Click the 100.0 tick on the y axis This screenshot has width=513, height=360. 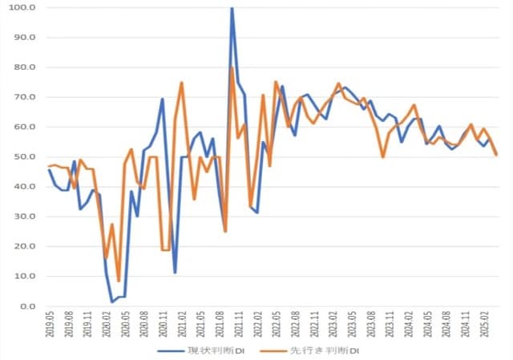(x=22, y=7)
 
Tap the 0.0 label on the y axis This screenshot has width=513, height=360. (x=27, y=306)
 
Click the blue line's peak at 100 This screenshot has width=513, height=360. (x=232, y=8)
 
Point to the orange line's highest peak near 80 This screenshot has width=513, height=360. (x=232, y=67)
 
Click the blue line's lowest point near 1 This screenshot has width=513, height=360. (x=112, y=302)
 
